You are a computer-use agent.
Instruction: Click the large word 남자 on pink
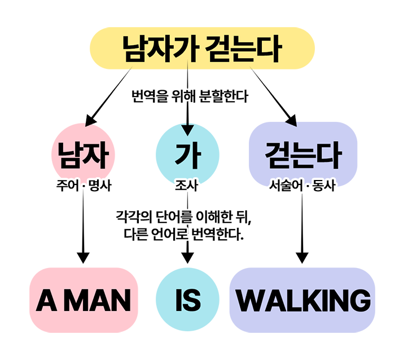(83, 155)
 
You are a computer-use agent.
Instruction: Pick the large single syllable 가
(187, 155)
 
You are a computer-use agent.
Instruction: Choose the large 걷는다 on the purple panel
(304, 155)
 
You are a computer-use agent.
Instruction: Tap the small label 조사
(187, 185)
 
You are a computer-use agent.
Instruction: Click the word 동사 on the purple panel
(324, 185)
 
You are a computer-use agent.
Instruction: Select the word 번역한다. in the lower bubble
(220, 232)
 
